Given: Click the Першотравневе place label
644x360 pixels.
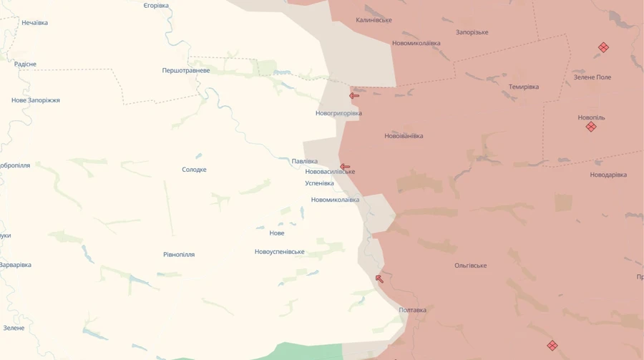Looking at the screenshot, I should coord(186,71).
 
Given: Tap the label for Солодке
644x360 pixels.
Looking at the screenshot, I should coord(194,170).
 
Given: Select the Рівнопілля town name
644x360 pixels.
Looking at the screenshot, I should coord(179,255).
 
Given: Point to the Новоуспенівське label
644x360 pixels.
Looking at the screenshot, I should coord(279,252).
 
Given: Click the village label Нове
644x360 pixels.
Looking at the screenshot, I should coord(277,233).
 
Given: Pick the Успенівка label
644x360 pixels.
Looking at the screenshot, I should coord(319,183).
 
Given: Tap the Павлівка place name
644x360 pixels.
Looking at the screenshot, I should coord(305,162).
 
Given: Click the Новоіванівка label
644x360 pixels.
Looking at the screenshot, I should coord(404,136).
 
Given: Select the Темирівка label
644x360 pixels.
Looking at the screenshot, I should coord(524,87).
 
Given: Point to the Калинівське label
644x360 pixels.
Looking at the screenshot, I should coord(374,20).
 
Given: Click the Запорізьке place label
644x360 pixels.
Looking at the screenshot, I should coord(472,32).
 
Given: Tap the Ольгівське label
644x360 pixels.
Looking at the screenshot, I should coord(471,266).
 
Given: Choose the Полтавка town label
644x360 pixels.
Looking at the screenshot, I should coord(412,310).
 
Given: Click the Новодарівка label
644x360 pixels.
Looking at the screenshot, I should coord(608,175).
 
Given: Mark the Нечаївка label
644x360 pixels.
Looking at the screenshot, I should coord(35,23).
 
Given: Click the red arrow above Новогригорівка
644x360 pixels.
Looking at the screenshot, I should coord(354,96).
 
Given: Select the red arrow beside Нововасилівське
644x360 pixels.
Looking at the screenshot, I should coord(345,167).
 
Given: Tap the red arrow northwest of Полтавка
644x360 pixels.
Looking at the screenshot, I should coord(379,278).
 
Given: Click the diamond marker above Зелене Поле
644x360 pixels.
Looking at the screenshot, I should coord(603,47).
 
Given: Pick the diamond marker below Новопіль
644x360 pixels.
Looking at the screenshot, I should coord(591,127).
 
